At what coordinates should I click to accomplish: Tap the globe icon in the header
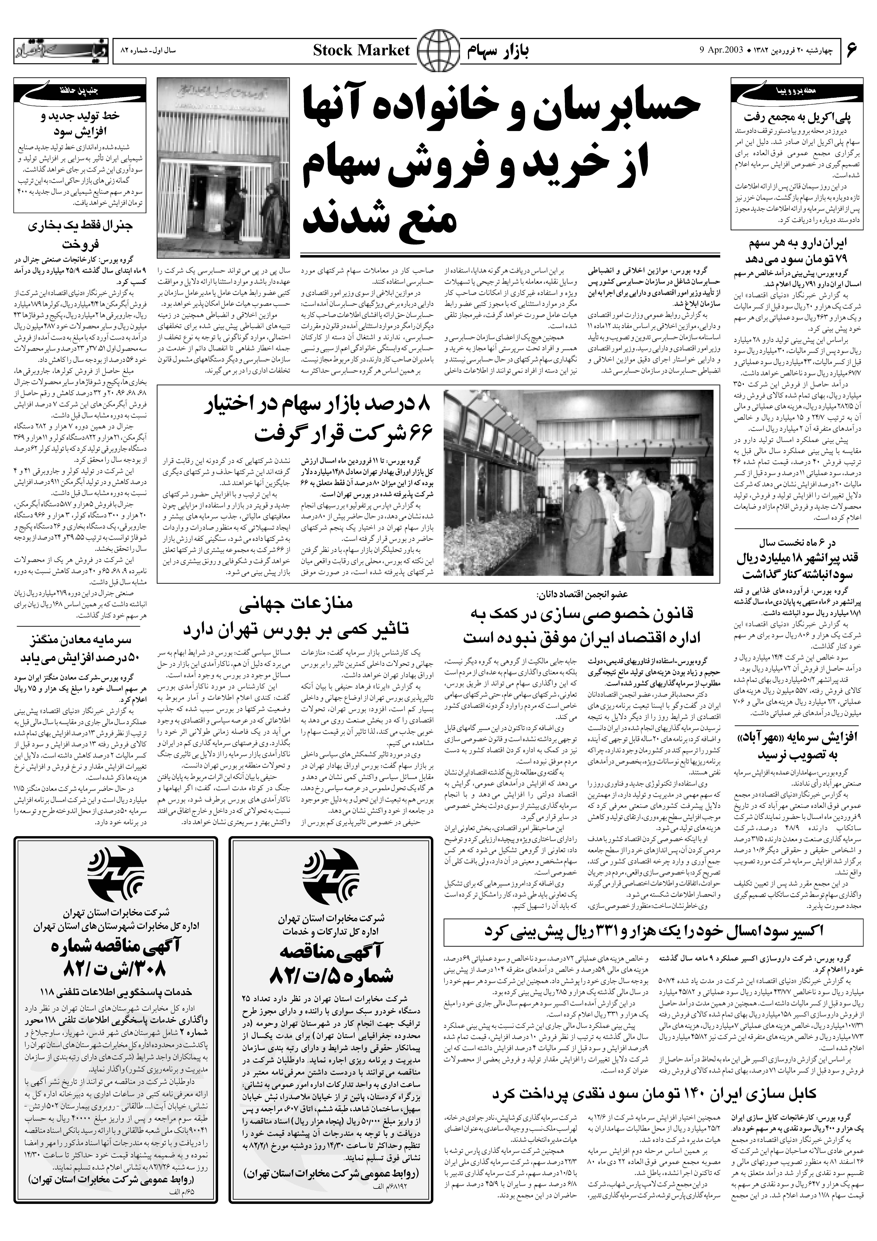point(435,50)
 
